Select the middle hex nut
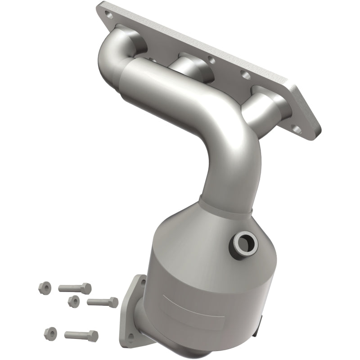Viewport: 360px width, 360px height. [x=73, y=301]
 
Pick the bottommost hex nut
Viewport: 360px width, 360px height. [x=49, y=333]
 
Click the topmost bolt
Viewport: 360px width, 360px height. [x=74, y=288]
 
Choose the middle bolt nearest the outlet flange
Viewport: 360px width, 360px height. [x=102, y=302]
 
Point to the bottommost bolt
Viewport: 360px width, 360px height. [x=81, y=335]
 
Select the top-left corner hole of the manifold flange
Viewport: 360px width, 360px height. [x=108, y=15]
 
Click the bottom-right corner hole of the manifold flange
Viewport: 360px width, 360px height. [x=297, y=130]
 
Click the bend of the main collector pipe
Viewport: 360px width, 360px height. [x=234, y=135]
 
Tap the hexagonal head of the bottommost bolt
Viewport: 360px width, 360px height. [x=93, y=335]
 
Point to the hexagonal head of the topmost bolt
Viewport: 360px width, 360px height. [x=86, y=288]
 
